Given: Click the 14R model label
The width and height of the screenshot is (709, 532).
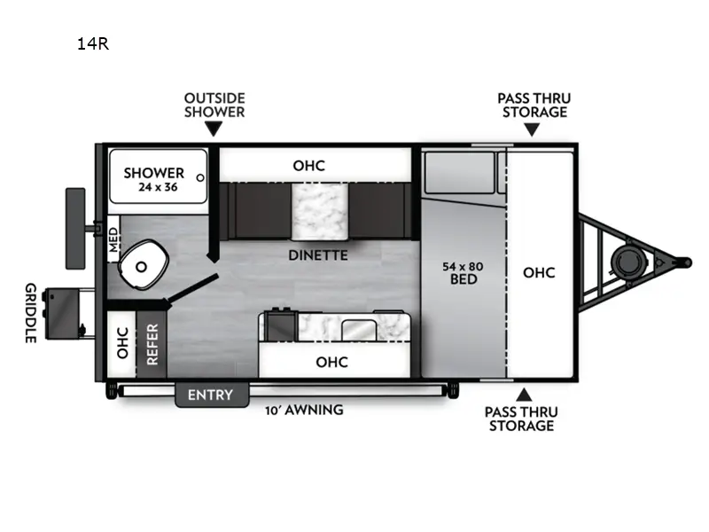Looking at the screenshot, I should pos(92,43).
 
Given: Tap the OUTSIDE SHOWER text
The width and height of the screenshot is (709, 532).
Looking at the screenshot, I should pos(214,105).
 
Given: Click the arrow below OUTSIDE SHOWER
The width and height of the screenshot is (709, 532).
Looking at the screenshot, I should pos(214,129).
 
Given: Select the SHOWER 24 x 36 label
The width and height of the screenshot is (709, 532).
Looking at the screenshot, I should pos(154,179).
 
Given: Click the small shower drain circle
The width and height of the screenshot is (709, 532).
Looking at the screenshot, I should pos(200,177).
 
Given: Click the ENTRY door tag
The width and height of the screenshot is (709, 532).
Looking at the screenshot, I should pos(211,395).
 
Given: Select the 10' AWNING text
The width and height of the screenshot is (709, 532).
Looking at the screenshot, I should pos(304,410).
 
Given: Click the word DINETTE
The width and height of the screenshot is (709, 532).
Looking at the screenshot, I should pos(317,256).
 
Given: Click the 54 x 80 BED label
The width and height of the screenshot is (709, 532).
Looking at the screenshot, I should pos(463,272).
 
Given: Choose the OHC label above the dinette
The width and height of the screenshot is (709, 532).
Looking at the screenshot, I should pos(309,166).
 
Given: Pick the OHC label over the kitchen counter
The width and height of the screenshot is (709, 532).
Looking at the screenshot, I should pos(332,362).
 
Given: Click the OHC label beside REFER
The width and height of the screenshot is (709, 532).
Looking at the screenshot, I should pos(122,343).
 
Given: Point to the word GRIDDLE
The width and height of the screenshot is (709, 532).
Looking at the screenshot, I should pos(30,313).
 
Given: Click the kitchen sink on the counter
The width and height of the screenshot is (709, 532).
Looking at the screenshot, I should pos(358,328).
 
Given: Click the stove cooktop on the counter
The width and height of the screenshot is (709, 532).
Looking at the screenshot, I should pos(281,325).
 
